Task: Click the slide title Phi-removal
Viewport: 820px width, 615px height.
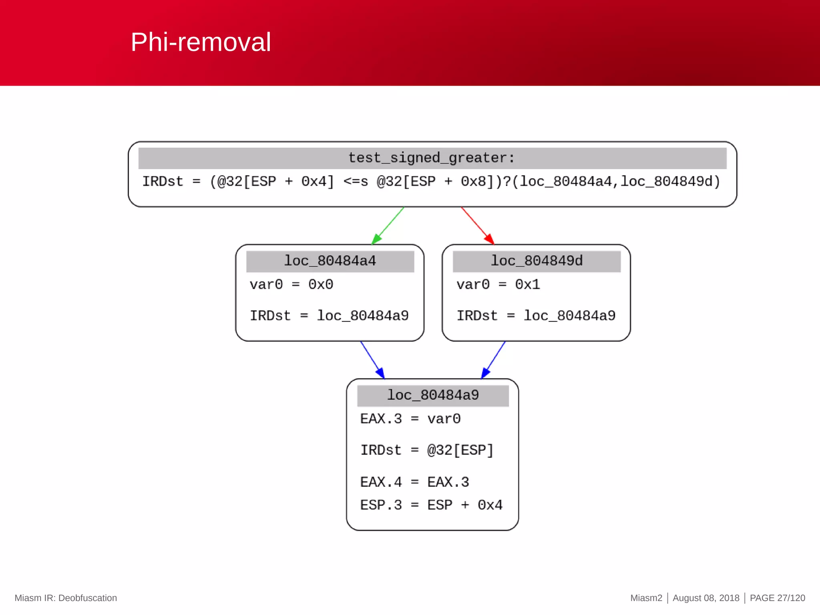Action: [x=201, y=42]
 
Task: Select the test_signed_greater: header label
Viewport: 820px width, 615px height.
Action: [x=432, y=158]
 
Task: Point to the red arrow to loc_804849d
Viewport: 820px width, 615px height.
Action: [x=477, y=225]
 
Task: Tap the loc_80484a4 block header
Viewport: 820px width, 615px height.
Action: [x=330, y=261]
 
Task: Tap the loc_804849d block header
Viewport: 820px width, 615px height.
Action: [x=537, y=261]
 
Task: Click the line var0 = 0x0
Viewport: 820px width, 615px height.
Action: [x=291, y=285]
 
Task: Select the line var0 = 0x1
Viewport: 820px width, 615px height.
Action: [x=498, y=285]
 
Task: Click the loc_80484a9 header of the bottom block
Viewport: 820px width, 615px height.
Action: [x=432, y=395]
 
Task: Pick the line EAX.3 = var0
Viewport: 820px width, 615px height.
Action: [x=410, y=419]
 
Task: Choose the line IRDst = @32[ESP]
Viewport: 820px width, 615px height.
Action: [x=427, y=450]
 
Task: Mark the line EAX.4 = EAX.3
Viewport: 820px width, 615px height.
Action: [x=414, y=482]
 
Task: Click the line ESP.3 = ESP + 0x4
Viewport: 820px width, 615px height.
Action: [x=431, y=505]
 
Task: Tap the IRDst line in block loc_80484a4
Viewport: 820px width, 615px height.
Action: [x=329, y=316]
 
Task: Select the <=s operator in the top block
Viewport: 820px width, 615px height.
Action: [x=355, y=182]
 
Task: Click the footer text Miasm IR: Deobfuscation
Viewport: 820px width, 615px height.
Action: [x=66, y=598]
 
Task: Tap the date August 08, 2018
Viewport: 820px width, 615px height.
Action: [x=705, y=598]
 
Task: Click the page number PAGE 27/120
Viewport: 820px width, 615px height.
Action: [x=777, y=598]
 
